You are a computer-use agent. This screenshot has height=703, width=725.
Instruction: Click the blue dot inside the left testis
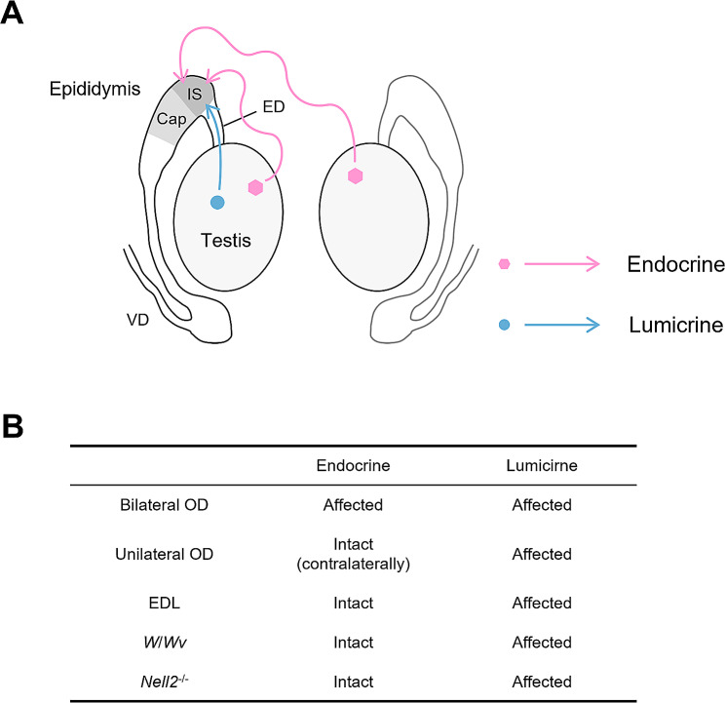point(217,202)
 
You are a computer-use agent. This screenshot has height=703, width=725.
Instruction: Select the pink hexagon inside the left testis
point(256,187)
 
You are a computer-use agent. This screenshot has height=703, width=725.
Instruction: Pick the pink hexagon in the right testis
point(356,176)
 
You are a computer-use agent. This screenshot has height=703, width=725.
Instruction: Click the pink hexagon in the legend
point(503,264)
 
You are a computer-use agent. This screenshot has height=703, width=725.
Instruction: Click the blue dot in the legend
point(503,326)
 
